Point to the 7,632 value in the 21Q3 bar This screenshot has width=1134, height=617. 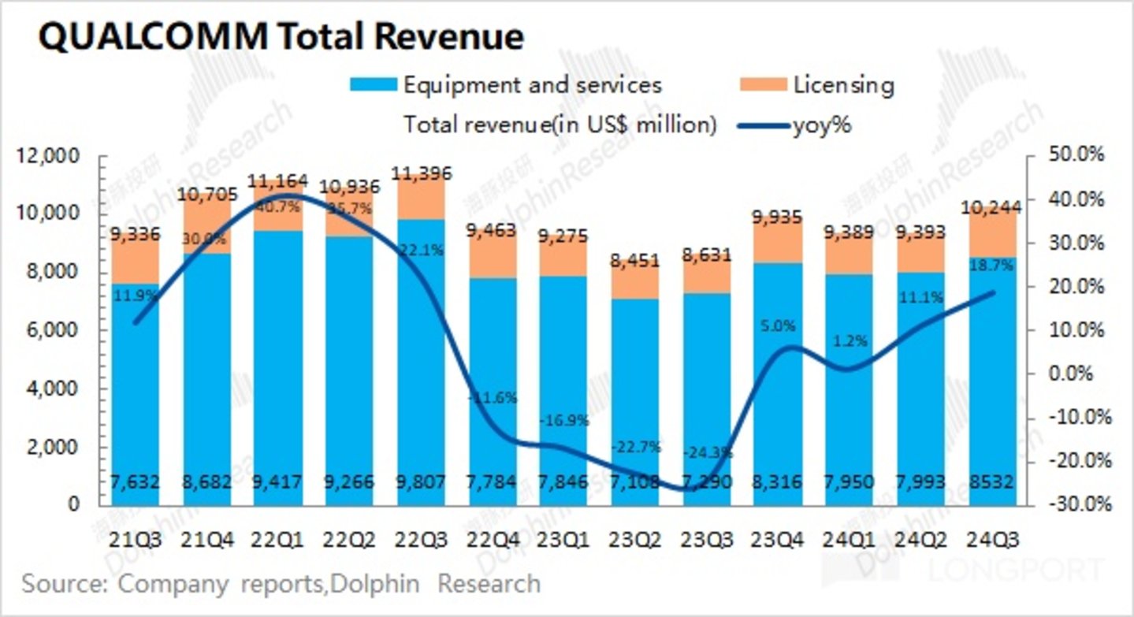click(x=136, y=481)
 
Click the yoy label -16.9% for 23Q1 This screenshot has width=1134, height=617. click(x=564, y=421)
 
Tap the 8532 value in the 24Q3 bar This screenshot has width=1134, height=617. click(x=994, y=481)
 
